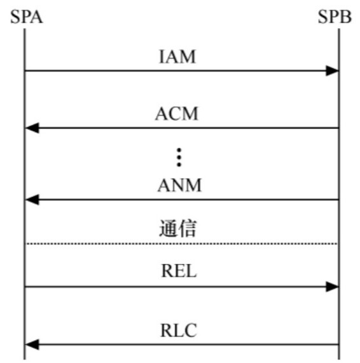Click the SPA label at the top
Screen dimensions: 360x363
click(27, 17)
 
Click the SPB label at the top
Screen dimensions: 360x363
click(335, 17)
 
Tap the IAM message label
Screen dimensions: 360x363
click(177, 57)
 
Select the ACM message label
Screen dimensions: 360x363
click(177, 114)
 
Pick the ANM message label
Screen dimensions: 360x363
click(179, 185)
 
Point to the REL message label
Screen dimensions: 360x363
click(179, 271)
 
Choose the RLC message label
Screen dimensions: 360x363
click(179, 331)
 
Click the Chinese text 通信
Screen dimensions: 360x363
click(178, 228)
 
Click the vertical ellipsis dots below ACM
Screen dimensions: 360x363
click(179, 158)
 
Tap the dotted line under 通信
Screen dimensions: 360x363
click(182, 243)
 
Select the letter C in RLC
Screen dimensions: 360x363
click(190, 331)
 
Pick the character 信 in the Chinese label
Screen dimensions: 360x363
click(188, 228)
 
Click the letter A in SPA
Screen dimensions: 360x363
click(37, 17)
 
